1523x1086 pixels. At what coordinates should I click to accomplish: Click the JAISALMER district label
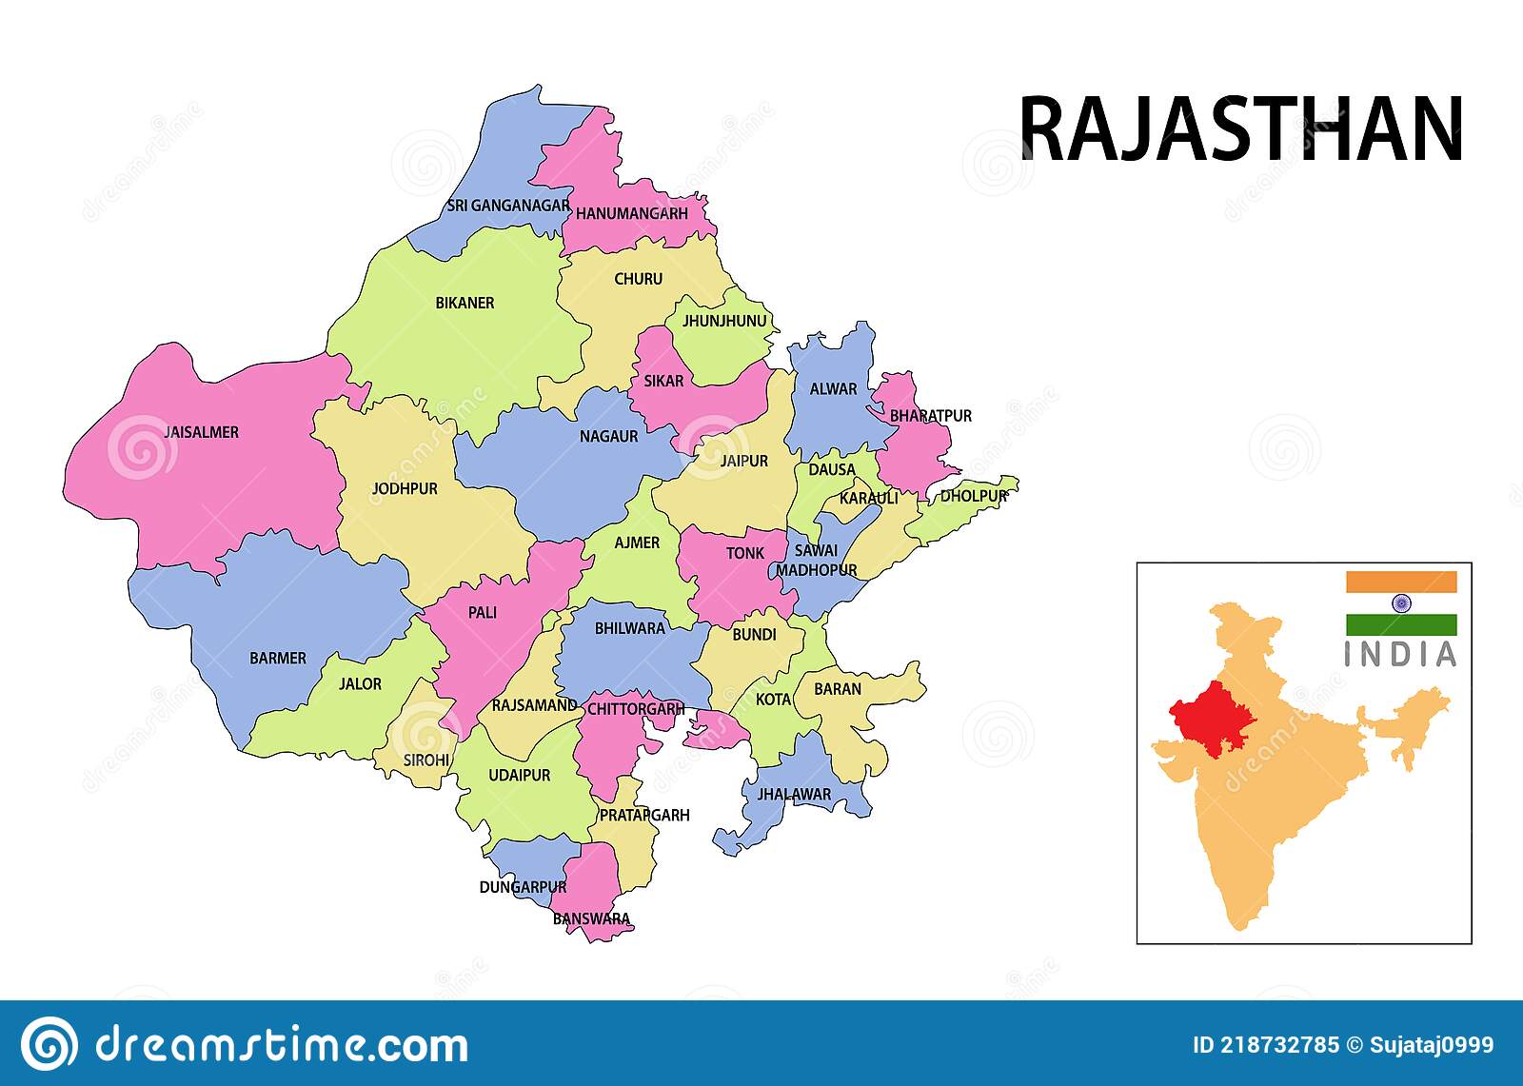tap(201, 432)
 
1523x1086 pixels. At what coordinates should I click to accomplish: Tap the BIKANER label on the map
tap(465, 303)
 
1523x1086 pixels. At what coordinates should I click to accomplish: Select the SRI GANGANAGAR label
tap(508, 206)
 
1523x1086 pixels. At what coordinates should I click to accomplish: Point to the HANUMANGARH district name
tap(631, 214)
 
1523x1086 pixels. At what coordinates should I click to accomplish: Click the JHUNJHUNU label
tap(723, 322)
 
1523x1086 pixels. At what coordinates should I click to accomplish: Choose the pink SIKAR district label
tap(663, 381)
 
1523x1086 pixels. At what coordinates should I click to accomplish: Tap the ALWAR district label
tap(833, 389)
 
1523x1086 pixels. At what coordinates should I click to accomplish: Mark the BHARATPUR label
tap(930, 416)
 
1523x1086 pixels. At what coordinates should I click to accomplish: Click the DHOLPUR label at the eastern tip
tap(973, 496)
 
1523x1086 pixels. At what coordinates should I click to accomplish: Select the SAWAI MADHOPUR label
tap(816, 561)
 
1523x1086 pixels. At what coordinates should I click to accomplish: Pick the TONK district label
tap(744, 553)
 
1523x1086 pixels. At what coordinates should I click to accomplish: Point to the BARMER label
tap(278, 658)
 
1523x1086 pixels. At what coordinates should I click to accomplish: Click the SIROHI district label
tap(425, 760)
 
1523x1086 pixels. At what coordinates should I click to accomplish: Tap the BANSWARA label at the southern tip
tap(591, 919)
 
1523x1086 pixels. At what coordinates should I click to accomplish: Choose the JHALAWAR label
tap(794, 794)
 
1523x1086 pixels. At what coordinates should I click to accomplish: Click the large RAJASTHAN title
tap(1240, 130)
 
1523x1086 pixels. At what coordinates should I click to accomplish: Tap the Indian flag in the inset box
tap(1400, 603)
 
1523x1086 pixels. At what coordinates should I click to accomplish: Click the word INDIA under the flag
tap(1400, 655)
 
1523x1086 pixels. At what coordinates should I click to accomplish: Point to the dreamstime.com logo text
tap(281, 1045)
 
